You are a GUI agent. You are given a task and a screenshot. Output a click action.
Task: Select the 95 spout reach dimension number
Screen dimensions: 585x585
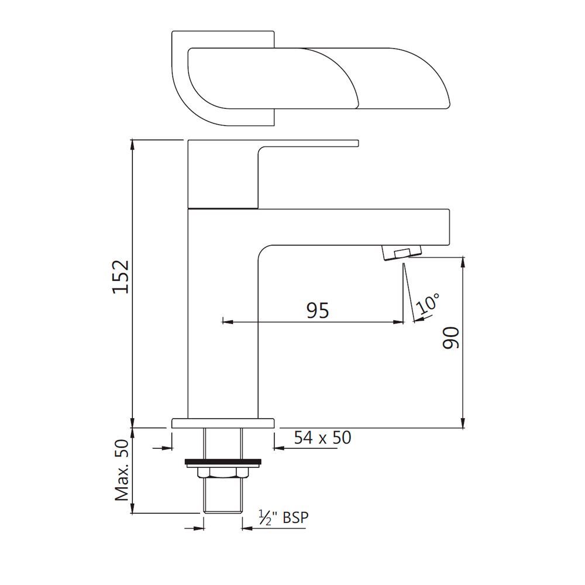point(318,310)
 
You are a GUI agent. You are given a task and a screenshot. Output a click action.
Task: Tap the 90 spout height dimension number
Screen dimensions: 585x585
point(451,338)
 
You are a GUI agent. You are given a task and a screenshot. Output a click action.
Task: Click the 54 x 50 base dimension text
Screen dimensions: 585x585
point(323,437)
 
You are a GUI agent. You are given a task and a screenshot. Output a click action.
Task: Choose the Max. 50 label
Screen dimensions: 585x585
point(122,471)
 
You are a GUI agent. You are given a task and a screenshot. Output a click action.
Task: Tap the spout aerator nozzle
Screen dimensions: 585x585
point(401,252)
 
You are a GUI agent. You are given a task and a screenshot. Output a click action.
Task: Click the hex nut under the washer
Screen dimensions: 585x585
point(222,472)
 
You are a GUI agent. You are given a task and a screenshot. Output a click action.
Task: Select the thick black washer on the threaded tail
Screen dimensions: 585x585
point(222,462)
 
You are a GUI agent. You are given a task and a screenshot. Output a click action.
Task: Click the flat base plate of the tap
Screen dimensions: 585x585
point(223,422)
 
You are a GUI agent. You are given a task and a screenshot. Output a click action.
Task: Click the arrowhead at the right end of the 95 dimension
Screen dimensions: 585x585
point(400,321)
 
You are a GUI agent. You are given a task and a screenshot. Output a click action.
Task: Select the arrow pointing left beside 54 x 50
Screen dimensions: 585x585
point(278,449)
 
